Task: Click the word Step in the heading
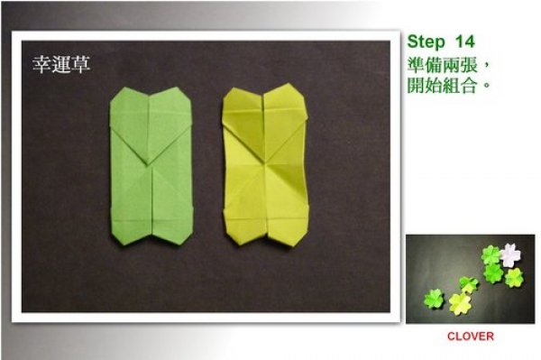(426, 42)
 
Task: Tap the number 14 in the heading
(465, 42)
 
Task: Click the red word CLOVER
(471, 337)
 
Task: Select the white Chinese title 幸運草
(61, 64)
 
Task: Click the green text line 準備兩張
(443, 65)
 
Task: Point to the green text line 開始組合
(442, 85)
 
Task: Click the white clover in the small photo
(510, 255)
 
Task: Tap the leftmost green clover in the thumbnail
(434, 299)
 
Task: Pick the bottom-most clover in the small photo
(460, 304)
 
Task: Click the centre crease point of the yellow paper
(265, 163)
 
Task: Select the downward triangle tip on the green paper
(149, 163)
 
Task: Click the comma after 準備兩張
(487, 67)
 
